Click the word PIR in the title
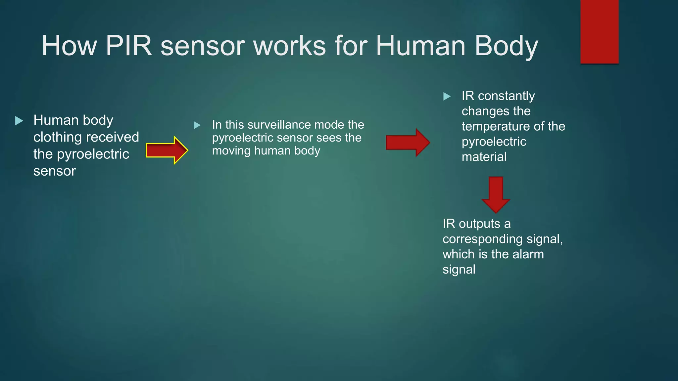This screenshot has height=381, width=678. pos(128,46)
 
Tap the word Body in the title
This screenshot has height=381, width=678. pos(506,46)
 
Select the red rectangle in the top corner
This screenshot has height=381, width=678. pos(599,32)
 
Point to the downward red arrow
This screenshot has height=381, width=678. pos(496,194)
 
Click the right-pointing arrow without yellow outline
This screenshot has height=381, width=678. pos(408,143)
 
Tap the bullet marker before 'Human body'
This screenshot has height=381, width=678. pos(19,121)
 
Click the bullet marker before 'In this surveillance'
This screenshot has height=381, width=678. pos(197,125)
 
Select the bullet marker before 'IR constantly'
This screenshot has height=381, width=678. pos(447,97)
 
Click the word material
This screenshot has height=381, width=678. pos(484,157)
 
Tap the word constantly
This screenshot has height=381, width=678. pos(506,96)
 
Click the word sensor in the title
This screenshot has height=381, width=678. pos(203,46)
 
